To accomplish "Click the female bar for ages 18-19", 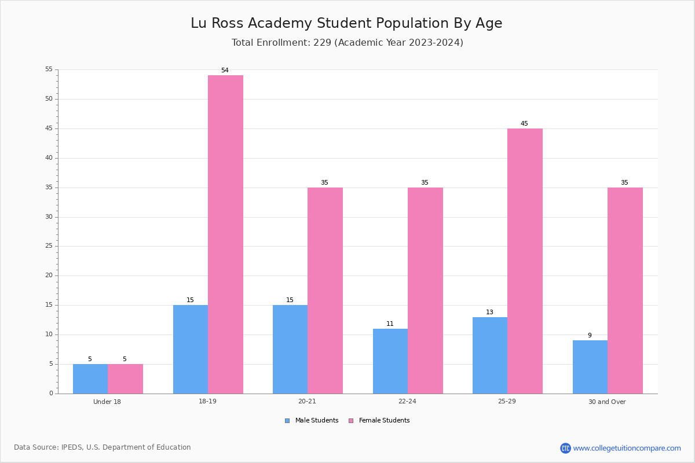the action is pyautogui.click(x=225, y=234).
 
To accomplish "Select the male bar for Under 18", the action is pyautogui.click(x=90, y=379).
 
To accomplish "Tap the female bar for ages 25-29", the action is pyautogui.click(x=525, y=261).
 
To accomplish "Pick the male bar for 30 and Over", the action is pyautogui.click(x=590, y=367).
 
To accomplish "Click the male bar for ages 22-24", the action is pyautogui.click(x=390, y=361).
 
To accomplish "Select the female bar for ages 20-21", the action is pyautogui.click(x=325, y=291).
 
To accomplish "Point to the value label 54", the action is pyautogui.click(x=225, y=71).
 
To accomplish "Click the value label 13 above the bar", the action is pyautogui.click(x=489, y=312).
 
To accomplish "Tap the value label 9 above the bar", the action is pyautogui.click(x=590, y=335).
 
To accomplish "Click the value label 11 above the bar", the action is pyautogui.click(x=390, y=324).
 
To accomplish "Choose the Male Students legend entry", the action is pyautogui.click(x=312, y=421).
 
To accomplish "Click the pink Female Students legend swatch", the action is pyautogui.click(x=351, y=421).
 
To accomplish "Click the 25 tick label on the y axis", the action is pyautogui.click(x=49, y=246).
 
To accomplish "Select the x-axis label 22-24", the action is pyautogui.click(x=407, y=401).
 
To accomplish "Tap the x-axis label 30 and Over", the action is pyautogui.click(x=607, y=402).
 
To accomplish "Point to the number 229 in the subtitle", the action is pyautogui.click(x=323, y=42).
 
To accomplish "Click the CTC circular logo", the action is pyautogui.click(x=565, y=448).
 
